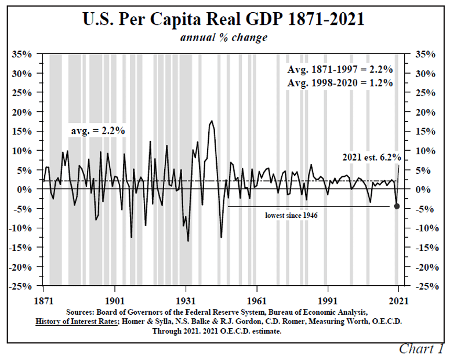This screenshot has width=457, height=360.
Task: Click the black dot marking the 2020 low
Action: [x=397, y=206]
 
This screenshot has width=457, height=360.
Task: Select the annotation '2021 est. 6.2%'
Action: [x=371, y=157]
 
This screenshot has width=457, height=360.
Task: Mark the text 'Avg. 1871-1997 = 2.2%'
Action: [x=340, y=70]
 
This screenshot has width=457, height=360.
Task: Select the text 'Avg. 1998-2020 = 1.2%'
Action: [x=340, y=83]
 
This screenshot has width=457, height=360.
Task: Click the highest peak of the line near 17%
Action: [x=212, y=121]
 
